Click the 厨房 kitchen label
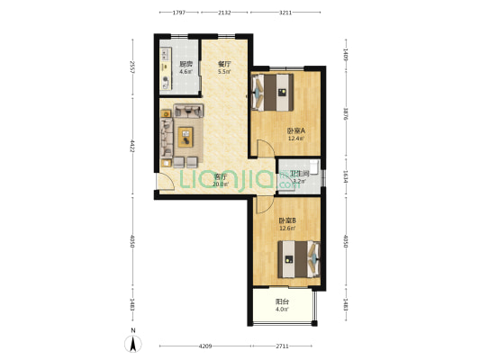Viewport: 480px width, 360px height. pyautogui.click(x=186, y=64)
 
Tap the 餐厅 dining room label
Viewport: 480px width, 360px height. pyautogui.click(x=225, y=65)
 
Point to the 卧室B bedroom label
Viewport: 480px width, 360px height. pyautogui.click(x=287, y=220)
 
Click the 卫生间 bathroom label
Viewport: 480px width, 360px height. pyautogui.click(x=300, y=173)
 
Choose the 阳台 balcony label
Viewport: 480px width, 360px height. pyautogui.click(x=282, y=302)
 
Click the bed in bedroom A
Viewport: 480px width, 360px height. pyautogui.click(x=276, y=90)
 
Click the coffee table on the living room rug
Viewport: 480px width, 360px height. pyautogui.click(x=186, y=137)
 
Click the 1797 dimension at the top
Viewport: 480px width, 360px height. pyautogui.click(x=178, y=13)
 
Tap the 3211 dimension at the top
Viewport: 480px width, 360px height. pyautogui.click(x=285, y=13)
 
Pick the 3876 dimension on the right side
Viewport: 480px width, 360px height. pyautogui.click(x=346, y=114)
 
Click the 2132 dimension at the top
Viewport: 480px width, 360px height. pyautogui.click(x=224, y=13)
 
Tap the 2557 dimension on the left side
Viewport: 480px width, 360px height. pyautogui.click(x=132, y=68)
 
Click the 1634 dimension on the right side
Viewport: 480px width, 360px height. pyautogui.click(x=346, y=177)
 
